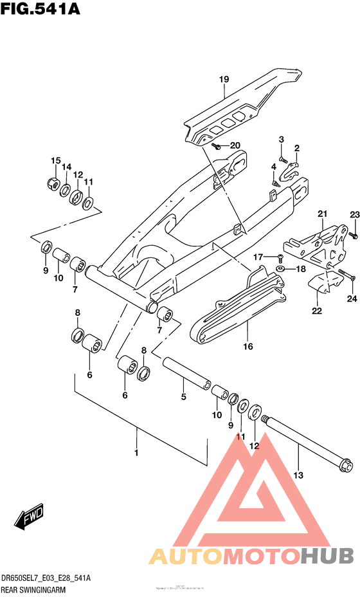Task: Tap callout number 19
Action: (224, 80)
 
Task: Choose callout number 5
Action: (183, 397)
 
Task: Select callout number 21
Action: (322, 214)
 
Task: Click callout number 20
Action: (217, 145)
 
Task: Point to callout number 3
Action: (281, 140)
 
